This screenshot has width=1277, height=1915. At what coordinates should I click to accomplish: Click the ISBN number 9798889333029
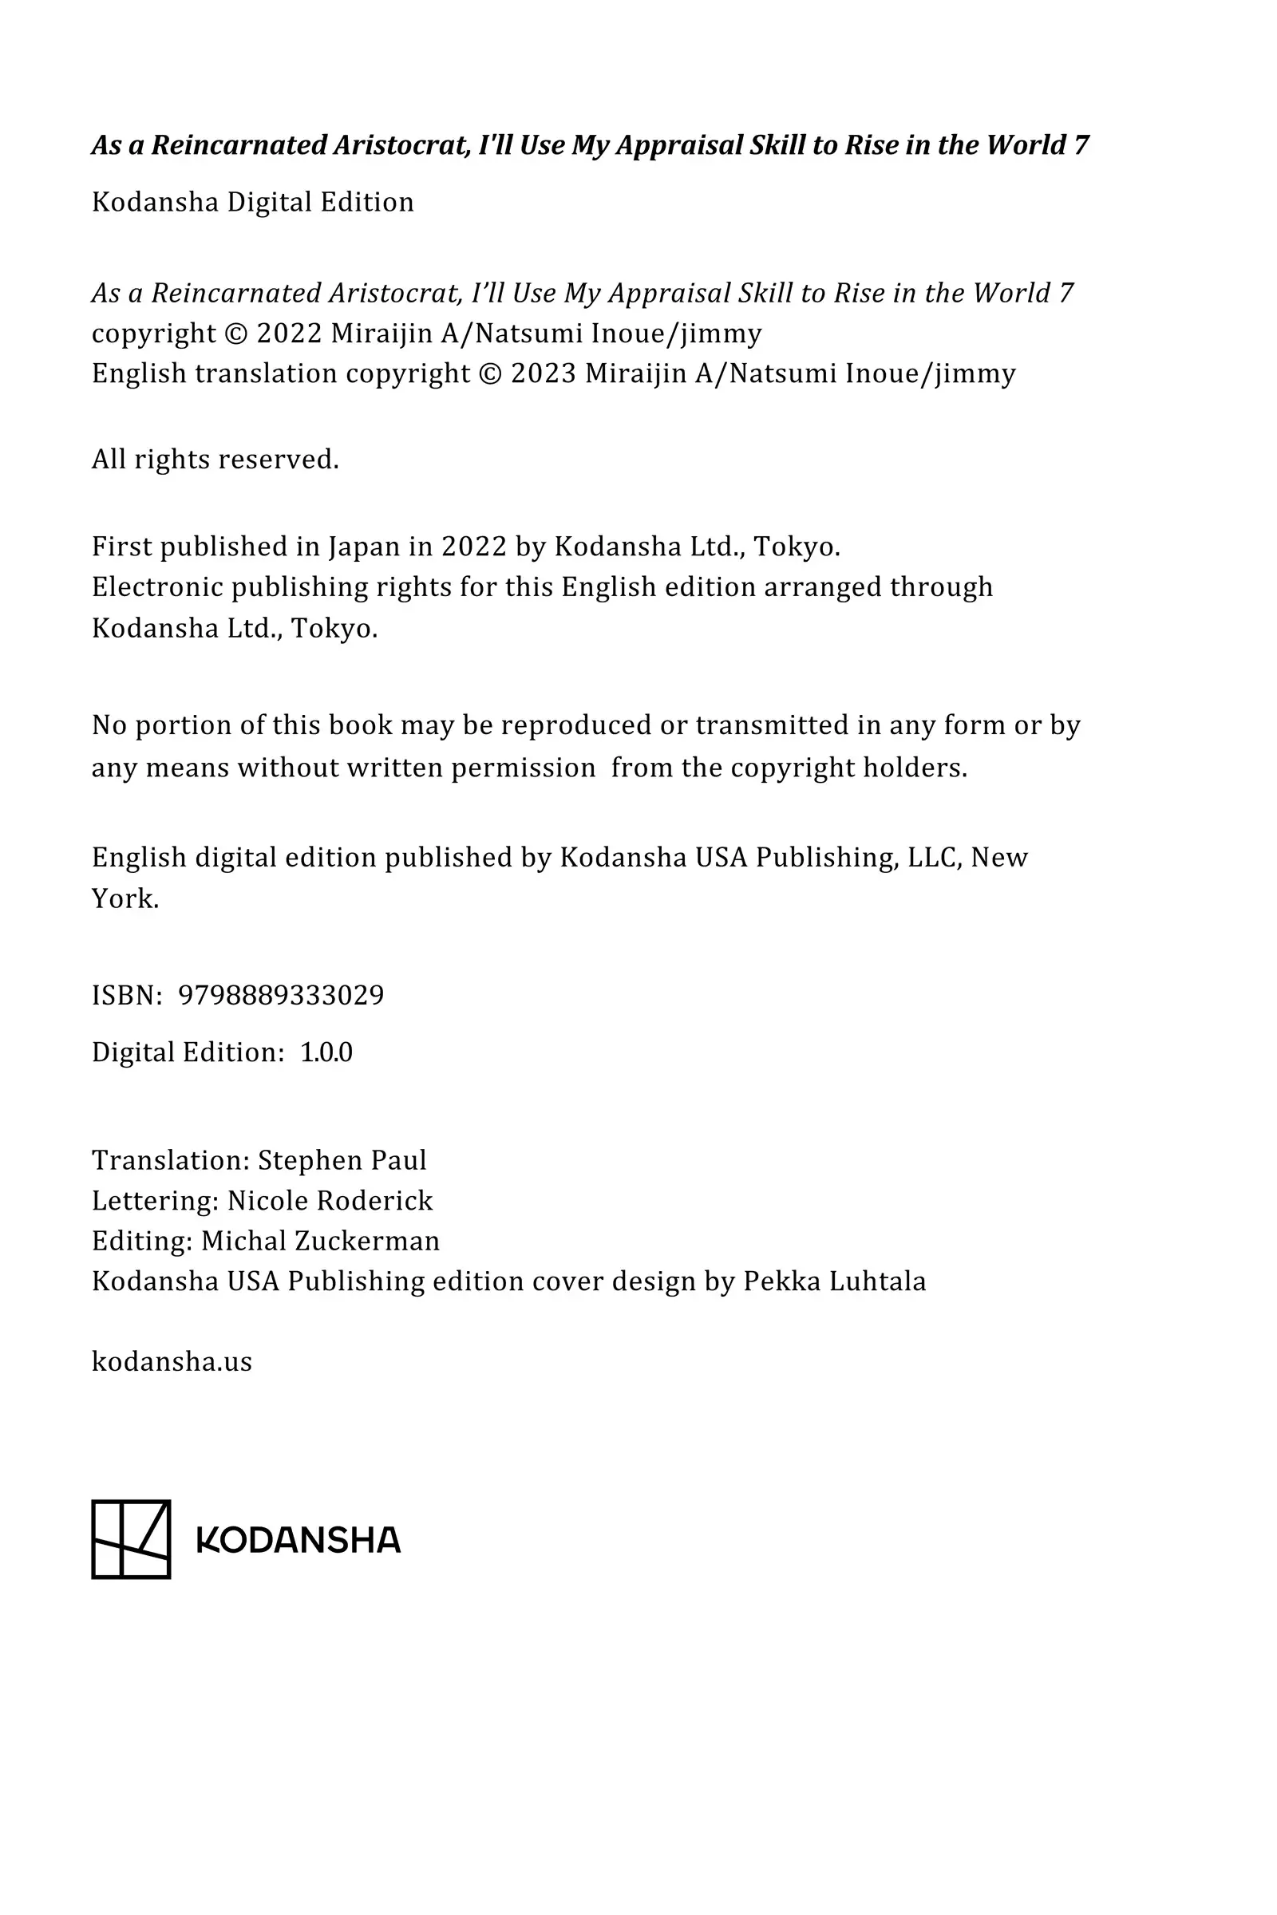[281, 995]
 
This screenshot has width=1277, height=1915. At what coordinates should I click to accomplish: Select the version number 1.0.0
[326, 1052]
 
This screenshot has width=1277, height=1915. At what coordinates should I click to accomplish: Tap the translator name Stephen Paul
[342, 1160]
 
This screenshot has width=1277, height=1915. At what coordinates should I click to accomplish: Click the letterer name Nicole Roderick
[330, 1201]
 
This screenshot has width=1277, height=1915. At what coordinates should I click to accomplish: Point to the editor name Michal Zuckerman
[320, 1241]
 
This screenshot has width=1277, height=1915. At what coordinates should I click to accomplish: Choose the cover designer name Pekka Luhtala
[835, 1281]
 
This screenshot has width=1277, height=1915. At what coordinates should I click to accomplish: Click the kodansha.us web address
[172, 1361]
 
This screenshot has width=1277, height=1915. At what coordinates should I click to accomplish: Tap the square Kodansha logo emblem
[131, 1540]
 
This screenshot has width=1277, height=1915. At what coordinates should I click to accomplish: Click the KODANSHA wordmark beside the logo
[298, 1541]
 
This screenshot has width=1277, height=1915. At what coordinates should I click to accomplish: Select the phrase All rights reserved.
[215, 460]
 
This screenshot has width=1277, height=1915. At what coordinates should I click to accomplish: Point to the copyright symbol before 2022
[235, 334]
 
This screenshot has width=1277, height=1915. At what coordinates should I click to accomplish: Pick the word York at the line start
[125, 899]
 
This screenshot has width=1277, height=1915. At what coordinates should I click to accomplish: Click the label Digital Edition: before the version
[188, 1052]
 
